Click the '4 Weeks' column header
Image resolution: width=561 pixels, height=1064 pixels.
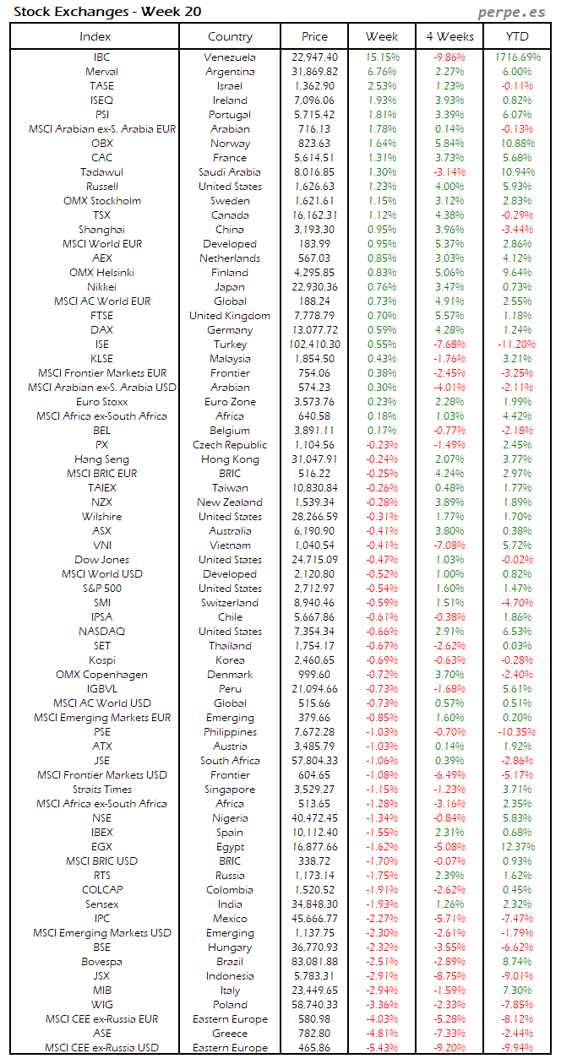449,36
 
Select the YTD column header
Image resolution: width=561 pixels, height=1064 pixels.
517,36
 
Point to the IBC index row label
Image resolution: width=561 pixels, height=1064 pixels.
101,57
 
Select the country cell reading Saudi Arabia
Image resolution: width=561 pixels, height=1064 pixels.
230,172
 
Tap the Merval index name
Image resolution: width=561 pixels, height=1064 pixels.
101,72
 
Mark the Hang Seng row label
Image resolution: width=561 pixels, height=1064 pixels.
101,459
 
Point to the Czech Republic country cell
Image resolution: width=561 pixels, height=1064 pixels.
230,445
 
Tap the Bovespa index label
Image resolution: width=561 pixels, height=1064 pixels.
101,962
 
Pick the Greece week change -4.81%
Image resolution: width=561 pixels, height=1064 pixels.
382,1034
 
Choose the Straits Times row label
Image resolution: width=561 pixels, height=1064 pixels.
101,790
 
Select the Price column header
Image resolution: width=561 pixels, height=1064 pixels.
314,36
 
